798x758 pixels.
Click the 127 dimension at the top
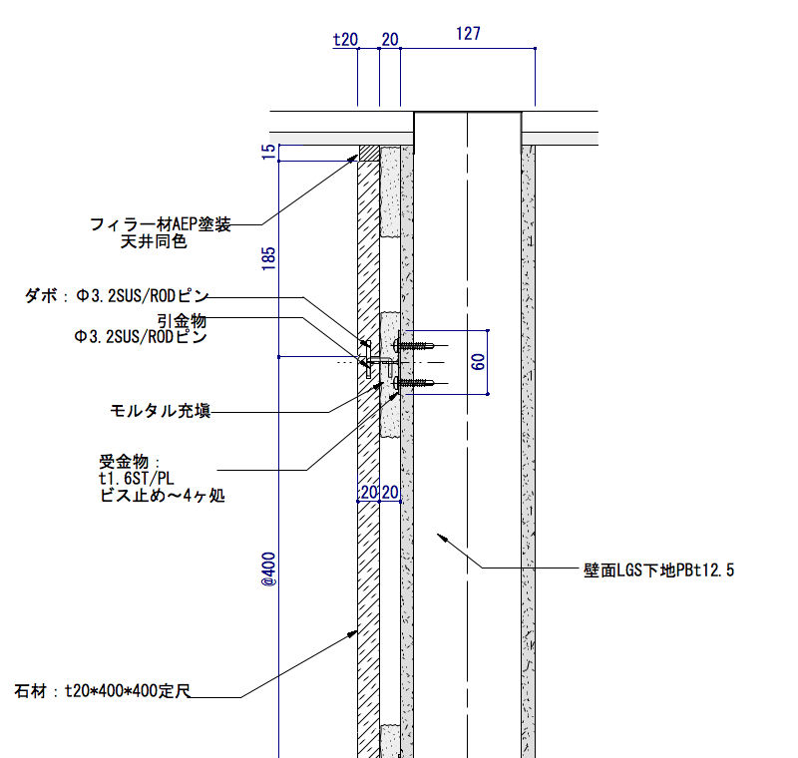(468, 34)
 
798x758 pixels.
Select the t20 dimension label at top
(345, 40)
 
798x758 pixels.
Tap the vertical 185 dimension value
(268, 258)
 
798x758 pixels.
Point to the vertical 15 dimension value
(268, 152)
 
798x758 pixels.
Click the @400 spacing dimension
(268, 569)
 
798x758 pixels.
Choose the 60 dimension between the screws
(479, 362)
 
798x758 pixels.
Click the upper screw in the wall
(413, 345)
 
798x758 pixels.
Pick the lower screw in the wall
(413, 383)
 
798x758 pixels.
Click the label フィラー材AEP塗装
(161, 223)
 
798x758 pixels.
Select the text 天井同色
(154, 241)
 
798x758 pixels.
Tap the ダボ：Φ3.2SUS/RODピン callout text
(117, 295)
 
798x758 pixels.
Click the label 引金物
(182, 320)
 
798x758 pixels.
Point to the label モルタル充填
(161, 411)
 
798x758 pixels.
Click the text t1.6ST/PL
(137, 478)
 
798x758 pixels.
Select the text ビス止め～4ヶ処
(163, 495)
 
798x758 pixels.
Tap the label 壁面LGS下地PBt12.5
(658, 570)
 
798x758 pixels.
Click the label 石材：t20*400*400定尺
(103, 691)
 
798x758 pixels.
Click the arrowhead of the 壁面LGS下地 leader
(442, 538)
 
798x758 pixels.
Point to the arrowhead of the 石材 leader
(352, 634)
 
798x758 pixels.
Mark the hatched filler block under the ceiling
(369, 154)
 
